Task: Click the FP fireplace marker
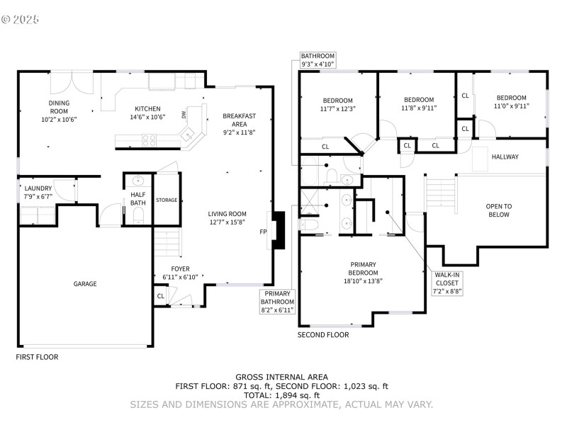263,232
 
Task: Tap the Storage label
167,200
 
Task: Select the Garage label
85,284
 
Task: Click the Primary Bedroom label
363,273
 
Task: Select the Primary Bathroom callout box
277,302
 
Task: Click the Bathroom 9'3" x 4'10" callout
317,60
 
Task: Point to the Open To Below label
498,210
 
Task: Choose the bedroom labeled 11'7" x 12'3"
337,104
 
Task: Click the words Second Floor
323,335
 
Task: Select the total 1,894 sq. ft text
282,395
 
